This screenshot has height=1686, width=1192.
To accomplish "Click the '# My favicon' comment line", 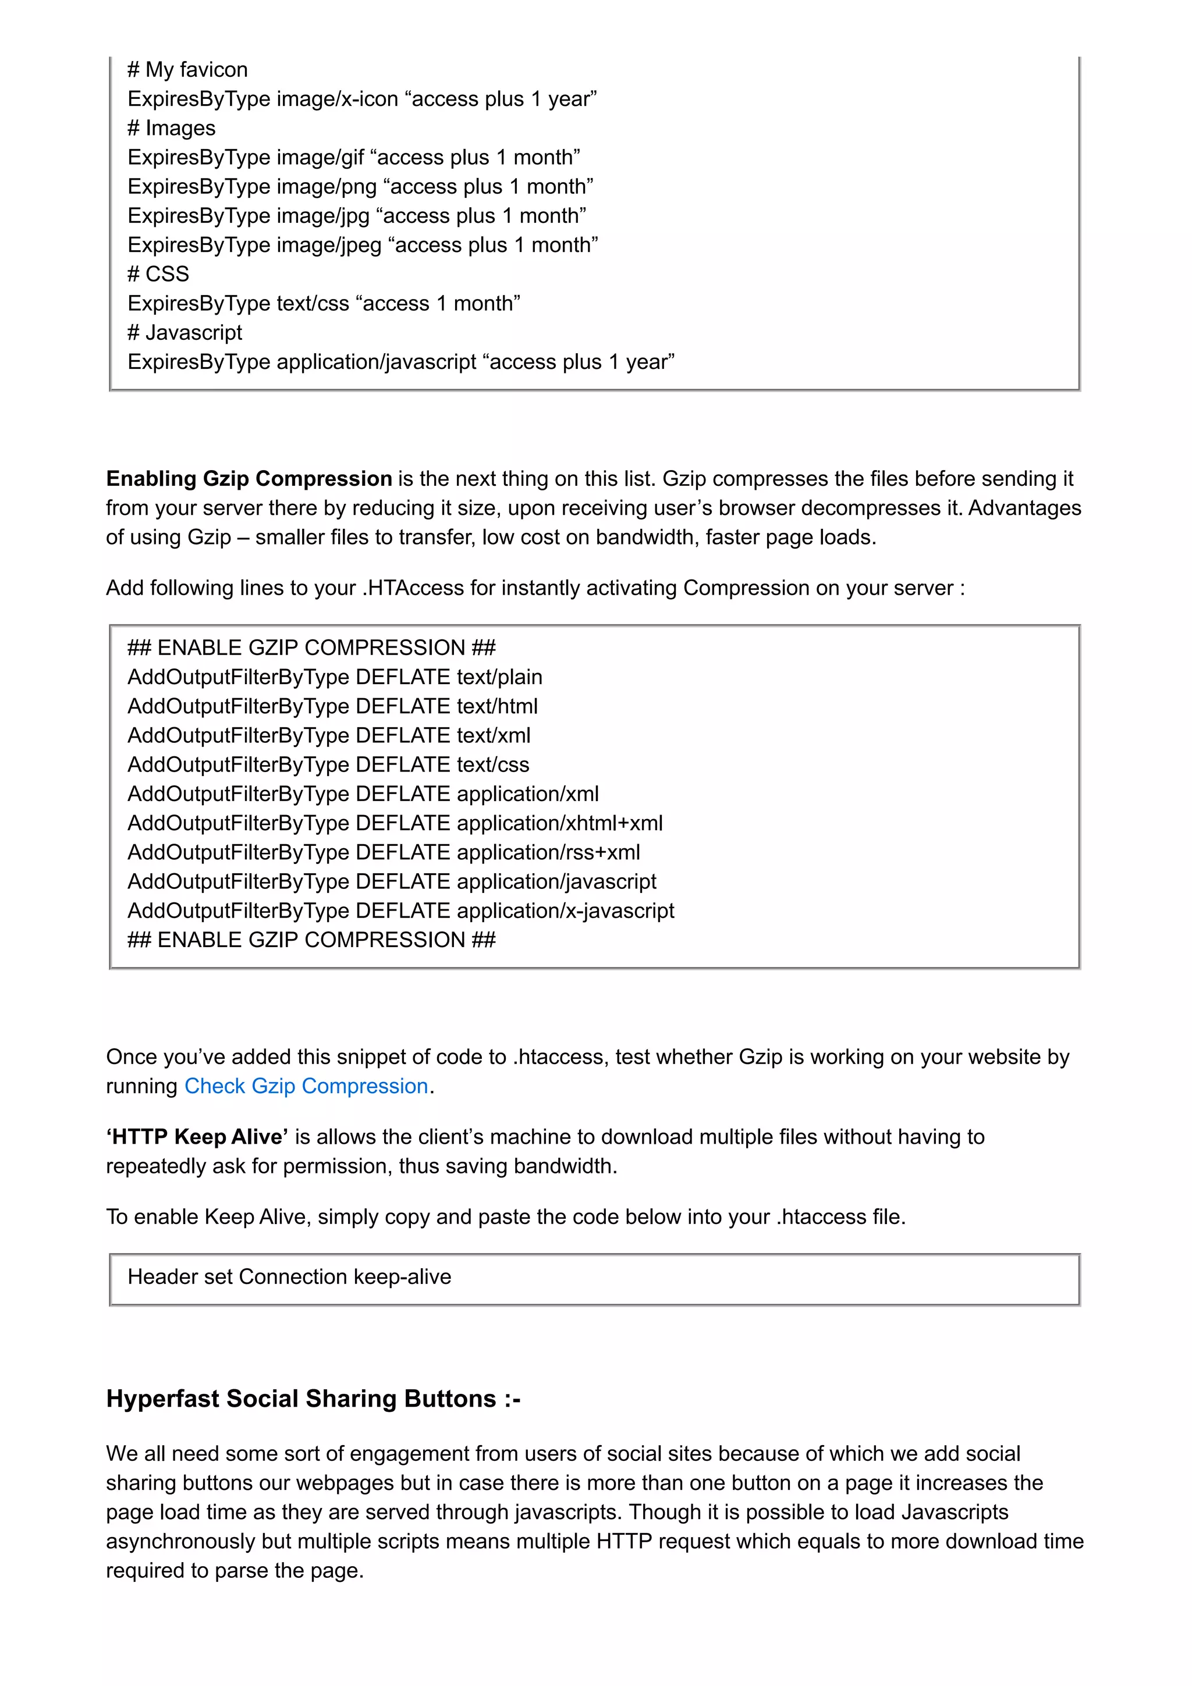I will pyautogui.click(x=187, y=70).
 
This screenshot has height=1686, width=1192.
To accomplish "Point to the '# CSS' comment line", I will pyautogui.click(x=158, y=274).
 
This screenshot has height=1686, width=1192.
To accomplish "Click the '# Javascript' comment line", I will pyautogui.click(x=185, y=333).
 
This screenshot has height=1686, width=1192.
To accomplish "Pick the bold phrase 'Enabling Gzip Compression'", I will pyautogui.click(x=249, y=479).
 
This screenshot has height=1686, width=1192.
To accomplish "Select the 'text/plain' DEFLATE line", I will pyautogui.click(x=335, y=677).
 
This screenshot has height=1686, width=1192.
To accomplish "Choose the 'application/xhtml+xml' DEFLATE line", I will pyautogui.click(x=395, y=823).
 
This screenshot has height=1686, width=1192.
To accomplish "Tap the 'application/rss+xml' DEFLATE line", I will pyautogui.click(x=384, y=852).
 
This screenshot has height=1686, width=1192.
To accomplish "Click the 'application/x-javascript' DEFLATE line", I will pyautogui.click(x=400, y=910).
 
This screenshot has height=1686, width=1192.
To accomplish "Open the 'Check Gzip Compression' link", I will pyautogui.click(x=306, y=1086).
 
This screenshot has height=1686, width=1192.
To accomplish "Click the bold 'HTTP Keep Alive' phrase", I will pyautogui.click(x=197, y=1137).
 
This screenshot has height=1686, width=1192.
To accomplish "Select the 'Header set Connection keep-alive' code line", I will pyautogui.click(x=289, y=1277).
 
